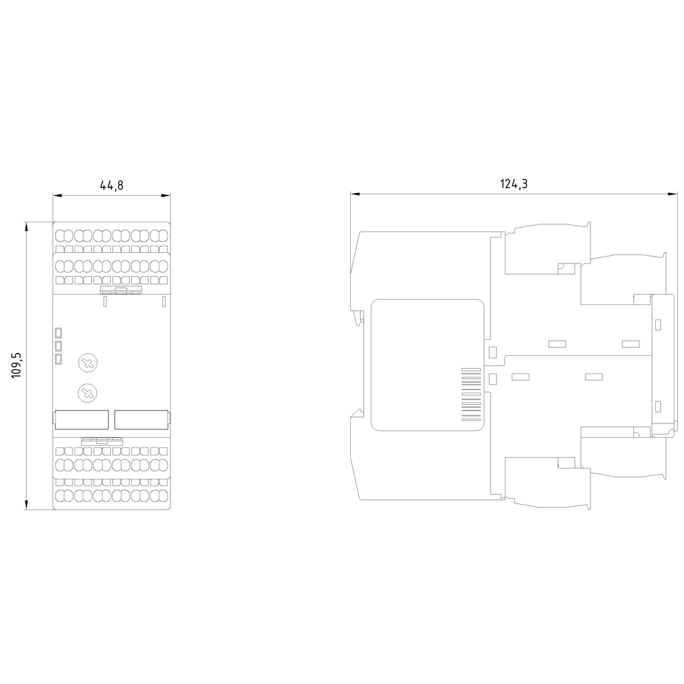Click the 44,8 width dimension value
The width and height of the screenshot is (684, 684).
point(111,185)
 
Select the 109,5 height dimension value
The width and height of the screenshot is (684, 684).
point(16,365)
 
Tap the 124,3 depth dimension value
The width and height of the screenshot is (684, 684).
point(514,184)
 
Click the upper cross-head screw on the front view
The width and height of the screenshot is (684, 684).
point(88,363)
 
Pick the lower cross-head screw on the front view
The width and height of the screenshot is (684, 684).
point(88,393)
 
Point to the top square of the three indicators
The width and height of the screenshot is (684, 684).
point(58,333)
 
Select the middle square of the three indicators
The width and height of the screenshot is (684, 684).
point(58,346)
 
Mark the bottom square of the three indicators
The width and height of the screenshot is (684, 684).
point(58,360)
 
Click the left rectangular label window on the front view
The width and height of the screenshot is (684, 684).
point(81,420)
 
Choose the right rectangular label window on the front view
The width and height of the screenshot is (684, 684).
point(142,420)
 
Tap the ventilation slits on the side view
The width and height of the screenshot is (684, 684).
point(471,395)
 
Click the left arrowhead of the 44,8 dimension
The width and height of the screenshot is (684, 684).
point(57,196)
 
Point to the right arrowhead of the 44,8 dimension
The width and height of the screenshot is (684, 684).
point(166,196)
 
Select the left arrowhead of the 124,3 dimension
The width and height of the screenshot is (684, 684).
point(355,194)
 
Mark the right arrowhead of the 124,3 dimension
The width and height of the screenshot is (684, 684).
point(674,194)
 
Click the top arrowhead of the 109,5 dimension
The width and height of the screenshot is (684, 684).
point(27,226)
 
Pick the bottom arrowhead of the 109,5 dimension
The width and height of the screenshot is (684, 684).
point(27,505)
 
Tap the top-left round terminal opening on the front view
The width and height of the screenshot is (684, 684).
point(60,236)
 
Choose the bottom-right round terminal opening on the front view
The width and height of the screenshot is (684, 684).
point(163,495)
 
